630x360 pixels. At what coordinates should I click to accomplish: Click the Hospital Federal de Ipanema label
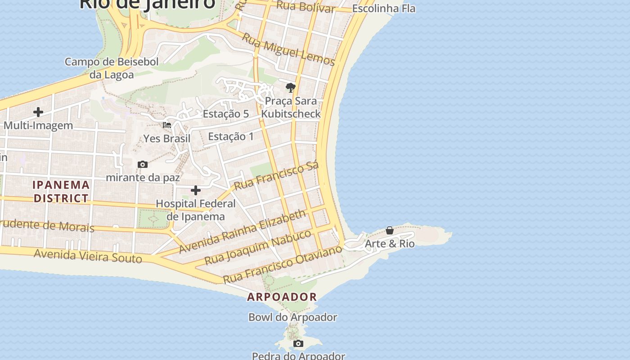pos(196,210)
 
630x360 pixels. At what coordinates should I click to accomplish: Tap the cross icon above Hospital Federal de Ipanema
pos(196,190)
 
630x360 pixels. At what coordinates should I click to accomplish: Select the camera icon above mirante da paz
pos(143,165)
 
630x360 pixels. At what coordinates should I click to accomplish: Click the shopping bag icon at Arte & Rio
pos(390,230)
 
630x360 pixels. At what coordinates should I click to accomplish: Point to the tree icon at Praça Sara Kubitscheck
pos(291,87)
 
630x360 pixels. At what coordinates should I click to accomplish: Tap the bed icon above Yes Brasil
pos(167,125)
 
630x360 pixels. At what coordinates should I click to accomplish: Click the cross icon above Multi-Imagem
pos(38,112)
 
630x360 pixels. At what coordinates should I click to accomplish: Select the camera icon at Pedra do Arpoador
pos(298,344)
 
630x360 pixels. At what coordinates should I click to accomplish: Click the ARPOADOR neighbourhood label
pos(282,297)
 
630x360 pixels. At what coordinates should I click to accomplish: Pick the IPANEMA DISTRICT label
pos(61,191)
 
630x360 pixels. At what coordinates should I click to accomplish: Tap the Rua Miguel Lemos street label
pos(288,49)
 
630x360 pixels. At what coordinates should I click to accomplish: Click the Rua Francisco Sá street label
pos(276,175)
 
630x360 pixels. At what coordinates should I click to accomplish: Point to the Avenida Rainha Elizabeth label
pos(243,231)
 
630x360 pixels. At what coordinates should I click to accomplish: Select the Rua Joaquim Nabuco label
pos(258,247)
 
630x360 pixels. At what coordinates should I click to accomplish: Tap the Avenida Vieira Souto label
pos(88,256)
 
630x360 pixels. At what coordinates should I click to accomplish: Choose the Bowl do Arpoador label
pos(293,317)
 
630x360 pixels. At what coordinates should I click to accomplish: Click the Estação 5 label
pos(226,114)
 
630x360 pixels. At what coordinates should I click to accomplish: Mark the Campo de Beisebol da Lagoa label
pos(112,68)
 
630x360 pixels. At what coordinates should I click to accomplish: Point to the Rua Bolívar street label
pos(305,7)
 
